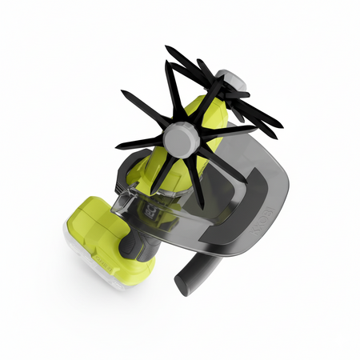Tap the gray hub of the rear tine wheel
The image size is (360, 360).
(x=230, y=78)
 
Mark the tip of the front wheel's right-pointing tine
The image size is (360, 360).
(x=255, y=128)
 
